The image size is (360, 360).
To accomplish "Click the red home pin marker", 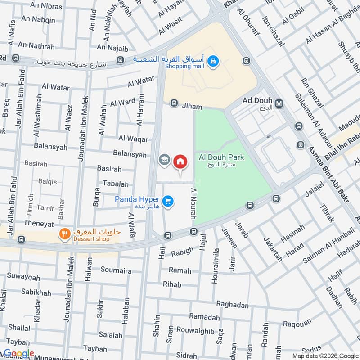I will click(180, 161).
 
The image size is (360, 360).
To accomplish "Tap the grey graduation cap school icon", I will click(164, 160).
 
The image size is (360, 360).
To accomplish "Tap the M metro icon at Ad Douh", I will click(279, 103).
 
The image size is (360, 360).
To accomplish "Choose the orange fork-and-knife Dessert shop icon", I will click(64, 233).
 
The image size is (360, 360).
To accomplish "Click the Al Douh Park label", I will click(221, 157).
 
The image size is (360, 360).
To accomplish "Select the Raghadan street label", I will click(232, 305).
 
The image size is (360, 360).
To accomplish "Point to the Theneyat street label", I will click(39, 224).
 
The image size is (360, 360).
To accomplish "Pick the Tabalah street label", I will click(116, 184).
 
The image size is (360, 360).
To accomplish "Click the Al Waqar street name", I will click(133, 139).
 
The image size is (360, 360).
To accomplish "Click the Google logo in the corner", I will click(19, 354).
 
